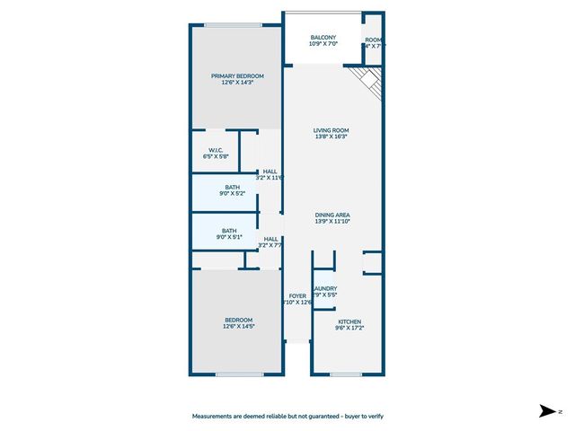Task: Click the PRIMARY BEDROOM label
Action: [x=237, y=76]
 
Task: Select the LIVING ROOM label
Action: [x=330, y=131]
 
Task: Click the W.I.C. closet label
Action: [x=216, y=150]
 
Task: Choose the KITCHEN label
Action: [x=349, y=321]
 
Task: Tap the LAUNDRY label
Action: [x=325, y=288]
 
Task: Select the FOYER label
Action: [x=297, y=295]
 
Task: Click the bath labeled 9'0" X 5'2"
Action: [x=232, y=187]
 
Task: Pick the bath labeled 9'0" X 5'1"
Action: [x=229, y=231]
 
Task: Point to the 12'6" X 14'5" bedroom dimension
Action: [x=238, y=327]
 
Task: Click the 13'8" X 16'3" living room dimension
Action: [x=330, y=137]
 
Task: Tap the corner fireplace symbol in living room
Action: [x=368, y=83]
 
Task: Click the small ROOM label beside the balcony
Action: [x=374, y=39]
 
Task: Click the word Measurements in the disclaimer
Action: [x=215, y=416]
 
